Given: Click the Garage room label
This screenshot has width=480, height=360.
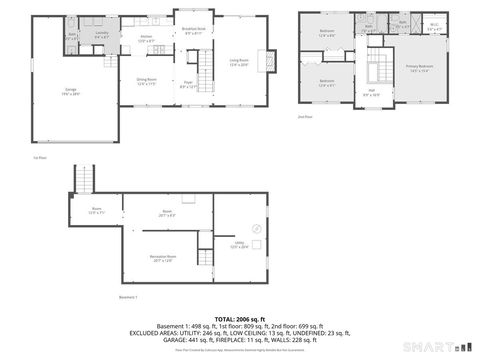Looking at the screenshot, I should pyautogui.click(x=71, y=90).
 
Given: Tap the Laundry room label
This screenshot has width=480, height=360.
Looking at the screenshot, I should pyautogui.click(x=101, y=34).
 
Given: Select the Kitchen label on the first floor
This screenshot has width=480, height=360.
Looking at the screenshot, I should pyautogui.click(x=146, y=37).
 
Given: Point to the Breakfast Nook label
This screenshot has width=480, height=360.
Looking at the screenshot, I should pyautogui.click(x=194, y=31).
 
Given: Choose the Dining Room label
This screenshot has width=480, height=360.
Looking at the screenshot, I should pyautogui.click(x=147, y=80).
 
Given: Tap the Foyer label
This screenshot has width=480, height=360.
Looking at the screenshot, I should pyautogui.click(x=187, y=84).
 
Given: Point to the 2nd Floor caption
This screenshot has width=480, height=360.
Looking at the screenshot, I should pyautogui.click(x=306, y=117).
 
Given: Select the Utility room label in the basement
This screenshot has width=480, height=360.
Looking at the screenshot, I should pyautogui.click(x=240, y=245).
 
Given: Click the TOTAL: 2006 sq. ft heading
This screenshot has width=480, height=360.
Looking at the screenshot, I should pyautogui.click(x=240, y=318).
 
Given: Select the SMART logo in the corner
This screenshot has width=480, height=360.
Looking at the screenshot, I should pyautogui.click(x=446, y=347).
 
